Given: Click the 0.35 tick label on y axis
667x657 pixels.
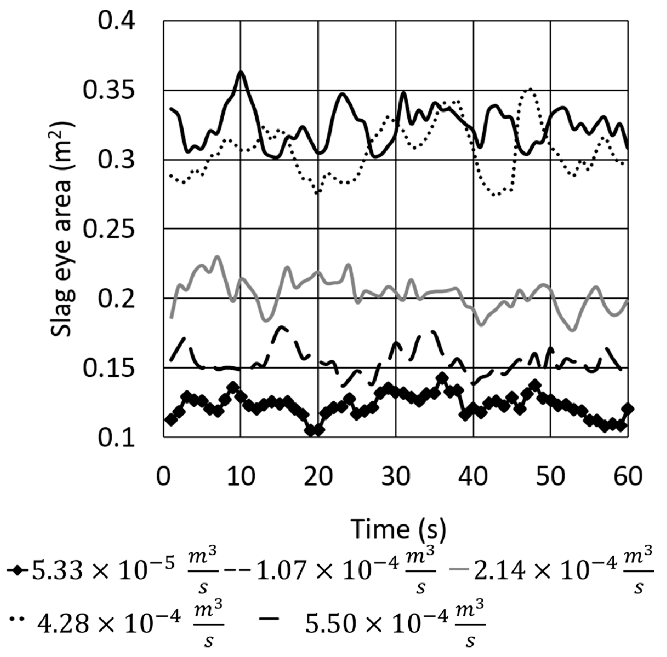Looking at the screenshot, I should click(x=108, y=90).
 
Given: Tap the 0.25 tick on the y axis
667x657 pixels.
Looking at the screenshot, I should click(x=108, y=229).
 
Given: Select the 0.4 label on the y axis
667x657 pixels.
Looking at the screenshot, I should click(x=116, y=21).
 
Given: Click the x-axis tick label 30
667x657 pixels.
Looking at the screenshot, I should click(x=396, y=477).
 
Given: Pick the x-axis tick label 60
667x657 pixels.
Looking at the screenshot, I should click(x=628, y=477).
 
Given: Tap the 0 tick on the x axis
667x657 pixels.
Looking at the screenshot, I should click(x=163, y=477).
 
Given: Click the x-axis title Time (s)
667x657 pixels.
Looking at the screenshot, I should click(x=398, y=529).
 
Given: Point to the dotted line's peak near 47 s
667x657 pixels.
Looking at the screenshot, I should click(x=530, y=89).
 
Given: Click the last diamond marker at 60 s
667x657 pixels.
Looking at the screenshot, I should click(x=628, y=408).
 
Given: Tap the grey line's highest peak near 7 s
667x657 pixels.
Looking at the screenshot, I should click(x=217, y=256).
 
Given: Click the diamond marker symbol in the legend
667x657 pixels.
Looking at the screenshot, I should click(x=16, y=570).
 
